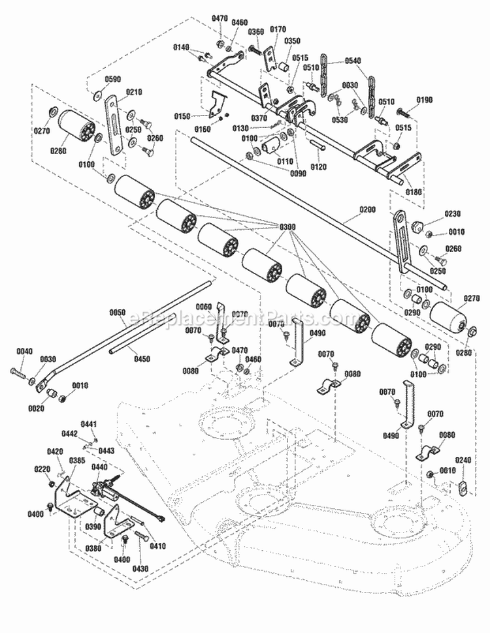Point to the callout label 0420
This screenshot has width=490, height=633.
point(56,452)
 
